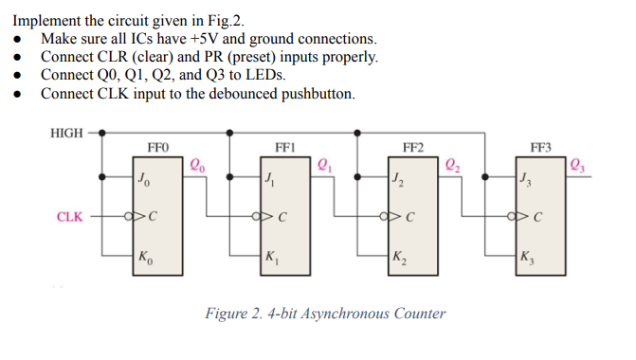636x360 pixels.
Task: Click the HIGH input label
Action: click(65, 133)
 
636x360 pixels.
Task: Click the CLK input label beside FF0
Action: click(68, 217)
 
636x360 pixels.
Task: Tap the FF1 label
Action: click(284, 148)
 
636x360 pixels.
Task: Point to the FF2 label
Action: click(412, 148)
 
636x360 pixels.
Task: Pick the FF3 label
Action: click(540, 148)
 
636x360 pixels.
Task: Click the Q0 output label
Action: click(198, 163)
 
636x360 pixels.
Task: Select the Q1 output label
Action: click(324, 163)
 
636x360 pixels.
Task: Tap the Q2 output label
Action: click(452, 163)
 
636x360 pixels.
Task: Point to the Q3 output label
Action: click(580, 163)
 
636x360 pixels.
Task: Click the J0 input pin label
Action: click(142, 177)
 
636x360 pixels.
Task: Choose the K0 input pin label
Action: click(143, 255)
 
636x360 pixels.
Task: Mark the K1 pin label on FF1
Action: click(272, 255)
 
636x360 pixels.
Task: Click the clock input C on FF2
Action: click(407, 217)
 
